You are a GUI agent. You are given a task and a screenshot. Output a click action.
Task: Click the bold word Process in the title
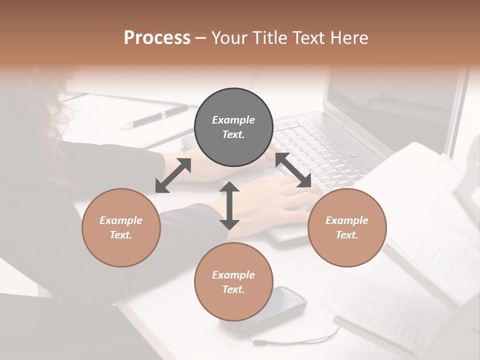pyautogui.click(x=157, y=38)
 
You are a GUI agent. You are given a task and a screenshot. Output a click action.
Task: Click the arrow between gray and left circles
pyautogui.click(x=173, y=175)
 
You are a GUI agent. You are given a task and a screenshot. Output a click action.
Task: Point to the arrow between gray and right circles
pyautogui.click(x=293, y=170)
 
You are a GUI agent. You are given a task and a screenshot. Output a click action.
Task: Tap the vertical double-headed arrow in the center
pyautogui.click(x=229, y=205)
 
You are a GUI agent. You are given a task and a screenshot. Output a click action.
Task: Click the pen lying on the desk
pyautogui.click(x=155, y=116)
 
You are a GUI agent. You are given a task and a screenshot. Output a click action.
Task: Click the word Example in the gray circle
pyautogui.click(x=233, y=120)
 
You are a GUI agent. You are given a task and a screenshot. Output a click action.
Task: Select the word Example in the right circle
pyautogui.click(x=347, y=220)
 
